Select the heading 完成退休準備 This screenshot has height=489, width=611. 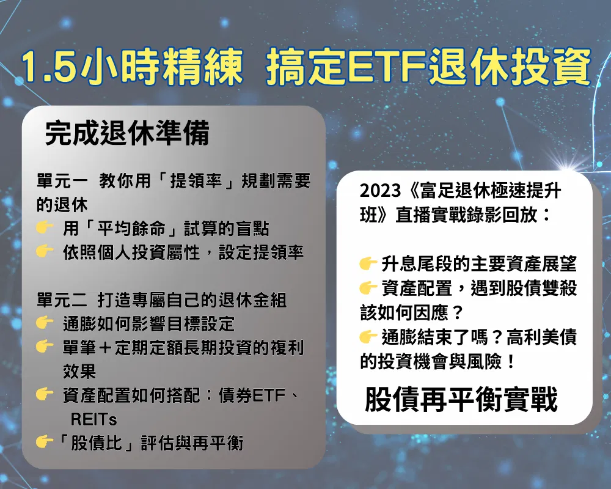coord(127,133)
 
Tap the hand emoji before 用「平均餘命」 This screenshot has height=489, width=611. coord(45,227)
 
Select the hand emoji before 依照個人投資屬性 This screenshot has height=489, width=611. coord(45,251)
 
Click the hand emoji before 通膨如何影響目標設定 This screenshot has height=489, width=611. coord(45,323)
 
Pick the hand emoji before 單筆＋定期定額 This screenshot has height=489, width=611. coord(45,346)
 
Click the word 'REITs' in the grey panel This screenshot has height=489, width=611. coord(93,419)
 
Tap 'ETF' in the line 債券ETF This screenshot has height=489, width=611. coord(269,395)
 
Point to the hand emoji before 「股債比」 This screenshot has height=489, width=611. coord(45,442)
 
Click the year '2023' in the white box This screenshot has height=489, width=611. coord(380,191)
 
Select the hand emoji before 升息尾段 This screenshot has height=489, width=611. coord(368,263)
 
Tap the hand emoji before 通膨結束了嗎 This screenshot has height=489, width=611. coord(368,337)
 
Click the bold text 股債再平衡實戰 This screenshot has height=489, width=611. coord(461,399)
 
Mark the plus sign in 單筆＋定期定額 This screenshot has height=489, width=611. coord(105,347)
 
